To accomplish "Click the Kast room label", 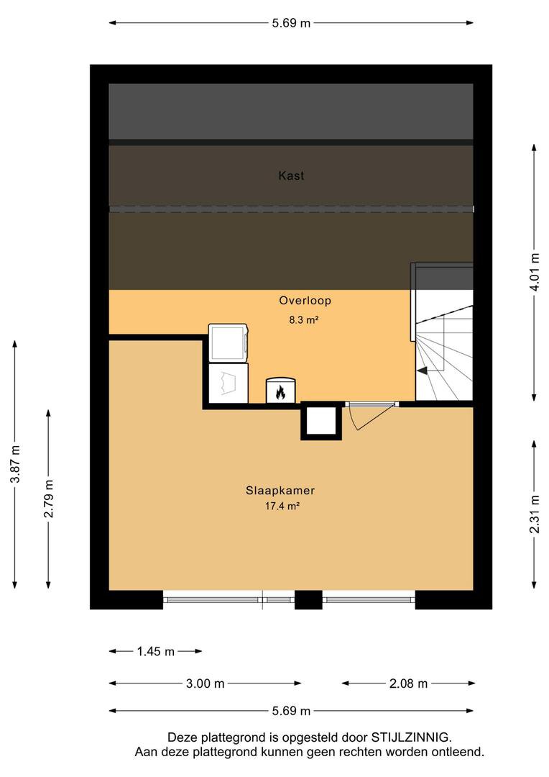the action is point(291,176).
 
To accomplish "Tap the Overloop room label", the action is point(305,300).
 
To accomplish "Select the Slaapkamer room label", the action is point(280,491).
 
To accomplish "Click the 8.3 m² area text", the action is point(303,320).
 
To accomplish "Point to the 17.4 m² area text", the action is point(282,506).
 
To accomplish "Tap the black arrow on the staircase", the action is point(423,371).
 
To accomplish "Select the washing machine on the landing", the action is point(229,343).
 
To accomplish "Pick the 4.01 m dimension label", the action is point(535,272).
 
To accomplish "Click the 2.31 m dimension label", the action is point(535,514).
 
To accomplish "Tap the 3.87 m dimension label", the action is point(16,464).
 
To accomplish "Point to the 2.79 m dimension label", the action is point(49,499).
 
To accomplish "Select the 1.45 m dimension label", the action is point(155,651).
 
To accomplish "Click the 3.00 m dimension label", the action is point(205,684).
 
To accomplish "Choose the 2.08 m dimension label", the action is point(408,684).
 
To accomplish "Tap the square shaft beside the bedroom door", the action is point(321,421).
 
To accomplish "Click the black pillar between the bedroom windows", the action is point(308,599).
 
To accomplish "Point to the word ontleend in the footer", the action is point(457,752).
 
